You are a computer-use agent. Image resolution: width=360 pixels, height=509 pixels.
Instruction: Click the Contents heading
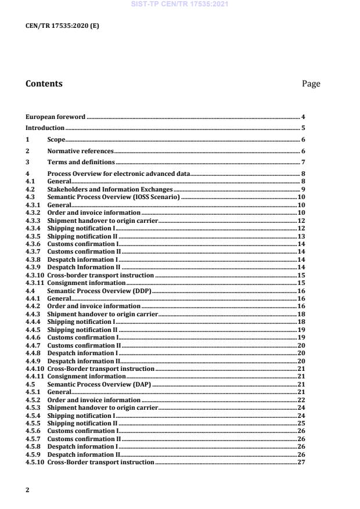point(44,84)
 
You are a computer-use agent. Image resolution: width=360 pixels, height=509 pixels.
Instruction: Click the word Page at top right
point(311,84)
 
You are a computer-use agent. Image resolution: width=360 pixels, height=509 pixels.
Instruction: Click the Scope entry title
point(56,139)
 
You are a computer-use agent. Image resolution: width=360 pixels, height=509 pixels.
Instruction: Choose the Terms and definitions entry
point(81,162)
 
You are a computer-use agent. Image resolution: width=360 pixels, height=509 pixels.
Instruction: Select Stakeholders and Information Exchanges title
point(110,190)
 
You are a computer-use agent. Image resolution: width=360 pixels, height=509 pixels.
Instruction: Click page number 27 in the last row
point(301,461)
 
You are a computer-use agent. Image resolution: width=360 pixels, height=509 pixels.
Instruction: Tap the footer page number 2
point(28,490)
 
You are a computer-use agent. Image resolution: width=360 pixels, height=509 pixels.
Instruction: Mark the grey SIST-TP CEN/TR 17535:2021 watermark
point(179,5)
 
